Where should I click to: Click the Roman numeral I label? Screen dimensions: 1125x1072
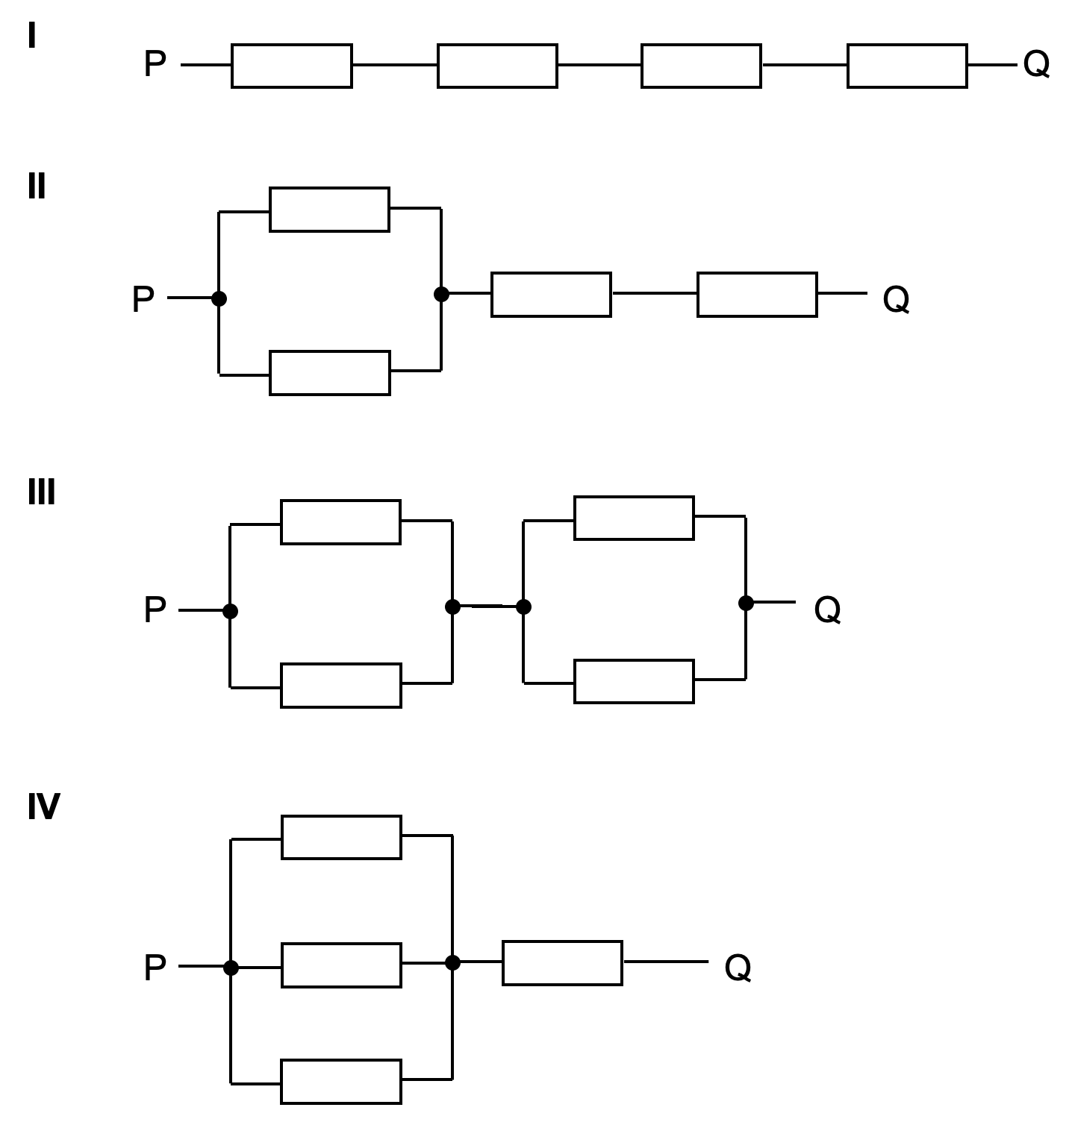pos(31,36)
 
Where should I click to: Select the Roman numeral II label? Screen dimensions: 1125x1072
pos(37,187)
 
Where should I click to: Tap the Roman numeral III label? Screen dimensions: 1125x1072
pos(42,492)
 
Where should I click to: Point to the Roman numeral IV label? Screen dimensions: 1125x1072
pos(43,806)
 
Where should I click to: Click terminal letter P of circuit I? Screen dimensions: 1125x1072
pos(155,64)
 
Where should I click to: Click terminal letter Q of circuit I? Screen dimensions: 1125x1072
pos(1036,64)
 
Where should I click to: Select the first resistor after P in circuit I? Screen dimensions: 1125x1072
pos(292,66)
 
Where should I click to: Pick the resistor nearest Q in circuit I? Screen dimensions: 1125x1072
pos(907,66)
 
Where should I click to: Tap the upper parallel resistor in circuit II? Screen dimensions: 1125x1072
pos(329,210)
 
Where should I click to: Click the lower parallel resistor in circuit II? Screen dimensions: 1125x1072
pos(329,373)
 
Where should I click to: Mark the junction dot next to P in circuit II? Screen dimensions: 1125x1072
pos(219,298)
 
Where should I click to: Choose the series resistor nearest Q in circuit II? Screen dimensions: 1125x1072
pos(757,295)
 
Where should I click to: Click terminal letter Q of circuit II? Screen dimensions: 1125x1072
pos(896,300)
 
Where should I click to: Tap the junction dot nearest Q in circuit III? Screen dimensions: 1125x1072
pos(746,603)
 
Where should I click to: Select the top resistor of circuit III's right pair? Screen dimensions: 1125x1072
pos(634,518)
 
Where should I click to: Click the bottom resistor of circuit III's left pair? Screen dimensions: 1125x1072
pos(340,685)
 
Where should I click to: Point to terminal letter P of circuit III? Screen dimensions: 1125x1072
pos(155,610)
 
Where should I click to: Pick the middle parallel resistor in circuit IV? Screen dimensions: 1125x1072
pos(341,965)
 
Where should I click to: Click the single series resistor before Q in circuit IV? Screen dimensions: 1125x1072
pos(562,963)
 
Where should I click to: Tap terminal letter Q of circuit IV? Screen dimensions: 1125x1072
pos(738,968)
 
